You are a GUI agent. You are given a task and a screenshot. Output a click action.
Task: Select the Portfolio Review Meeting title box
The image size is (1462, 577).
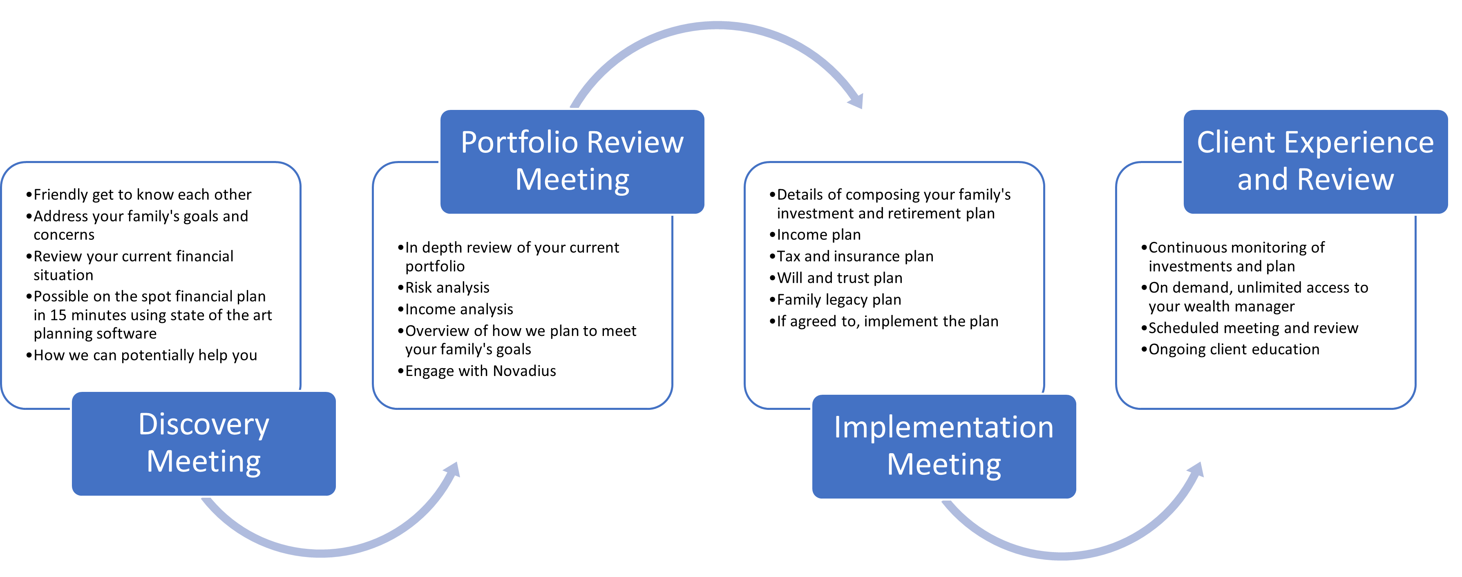click(572, 161)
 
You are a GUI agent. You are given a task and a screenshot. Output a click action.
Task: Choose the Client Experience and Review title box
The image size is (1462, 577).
click(1315, 161)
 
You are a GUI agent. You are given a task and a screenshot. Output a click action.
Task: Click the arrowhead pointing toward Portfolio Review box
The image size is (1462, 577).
click(453, 470)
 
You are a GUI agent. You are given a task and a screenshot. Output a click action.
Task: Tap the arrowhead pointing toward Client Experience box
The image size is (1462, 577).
click(1196, 470)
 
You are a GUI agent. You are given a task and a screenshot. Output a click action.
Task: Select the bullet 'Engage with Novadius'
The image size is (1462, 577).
click(480, 371)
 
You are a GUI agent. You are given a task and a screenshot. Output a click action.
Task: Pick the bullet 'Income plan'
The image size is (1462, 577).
click(818, 235)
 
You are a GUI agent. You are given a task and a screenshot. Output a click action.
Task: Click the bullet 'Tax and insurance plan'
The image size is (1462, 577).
click(855, 257)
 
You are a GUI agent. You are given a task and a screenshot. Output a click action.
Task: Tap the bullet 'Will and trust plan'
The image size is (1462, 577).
click(839, 278)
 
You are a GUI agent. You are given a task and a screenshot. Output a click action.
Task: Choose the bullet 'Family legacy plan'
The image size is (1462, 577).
click(839, 300)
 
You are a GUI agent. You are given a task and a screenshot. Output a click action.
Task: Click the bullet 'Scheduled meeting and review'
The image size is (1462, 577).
click(1253, 328)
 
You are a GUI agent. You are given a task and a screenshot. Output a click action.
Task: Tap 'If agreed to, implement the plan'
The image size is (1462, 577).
click(887, 321)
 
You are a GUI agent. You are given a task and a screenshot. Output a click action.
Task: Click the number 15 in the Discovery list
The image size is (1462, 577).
click(58, 315)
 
